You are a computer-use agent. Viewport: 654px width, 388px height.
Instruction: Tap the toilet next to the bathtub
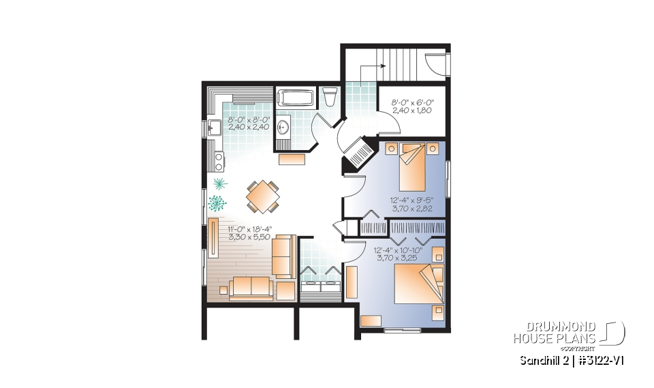coord(330,98)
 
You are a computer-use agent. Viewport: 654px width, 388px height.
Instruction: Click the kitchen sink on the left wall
coord(213,128)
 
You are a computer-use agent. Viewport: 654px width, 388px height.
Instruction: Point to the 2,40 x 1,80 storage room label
coord(413,112)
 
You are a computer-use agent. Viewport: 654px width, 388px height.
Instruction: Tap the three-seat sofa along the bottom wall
coord(251,288)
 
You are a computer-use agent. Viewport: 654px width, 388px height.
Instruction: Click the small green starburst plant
coord(219,183)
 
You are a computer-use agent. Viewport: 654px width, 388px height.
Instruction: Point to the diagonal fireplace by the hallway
coord(357,151)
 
